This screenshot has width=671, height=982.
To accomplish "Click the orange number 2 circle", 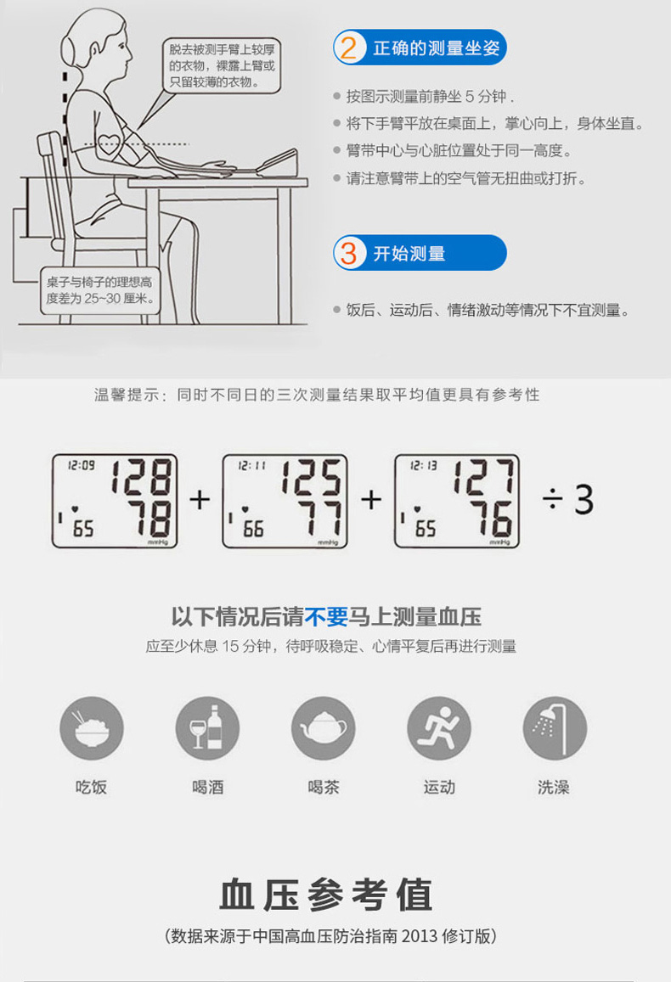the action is click(349, 48).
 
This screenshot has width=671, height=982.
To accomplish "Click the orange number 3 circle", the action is click(349, 253).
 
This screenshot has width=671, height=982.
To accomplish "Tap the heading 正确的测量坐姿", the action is click(436, 48).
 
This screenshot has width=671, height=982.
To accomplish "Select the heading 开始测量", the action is click(409, 254).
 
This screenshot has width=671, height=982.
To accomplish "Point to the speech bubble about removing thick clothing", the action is click(221, 65).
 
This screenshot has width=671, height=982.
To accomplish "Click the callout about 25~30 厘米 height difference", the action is click(99, 290).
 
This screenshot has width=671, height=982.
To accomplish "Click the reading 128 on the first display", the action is click(142, 477).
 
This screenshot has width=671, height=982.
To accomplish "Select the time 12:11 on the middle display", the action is click(252, 465).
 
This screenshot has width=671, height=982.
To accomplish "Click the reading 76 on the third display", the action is click(492, 519).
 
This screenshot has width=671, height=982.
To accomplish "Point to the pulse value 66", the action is click(253, 530).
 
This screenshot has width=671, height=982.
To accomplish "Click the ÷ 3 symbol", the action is click(567, 500).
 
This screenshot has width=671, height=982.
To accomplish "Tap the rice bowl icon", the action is click(92, 728).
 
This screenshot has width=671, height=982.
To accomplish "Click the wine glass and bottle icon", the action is click(207, 728).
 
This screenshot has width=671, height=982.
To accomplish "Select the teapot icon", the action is click(324, 728).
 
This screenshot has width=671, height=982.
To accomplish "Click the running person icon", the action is click(439, 728).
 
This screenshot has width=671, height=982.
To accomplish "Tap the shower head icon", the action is click(555, 728).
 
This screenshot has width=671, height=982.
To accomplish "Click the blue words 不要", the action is click(326, 617).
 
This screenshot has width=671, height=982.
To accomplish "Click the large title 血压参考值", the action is click(326, 895).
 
